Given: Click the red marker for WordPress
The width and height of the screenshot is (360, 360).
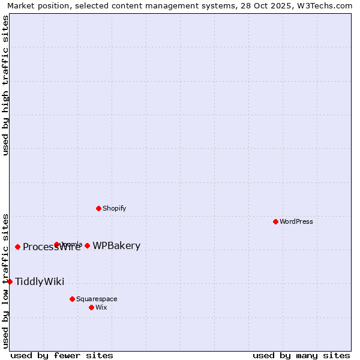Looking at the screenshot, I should (x=275, y=221).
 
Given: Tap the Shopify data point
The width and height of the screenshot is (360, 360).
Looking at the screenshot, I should (x=98, y=208).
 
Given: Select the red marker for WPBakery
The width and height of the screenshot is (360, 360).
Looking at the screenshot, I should (x=87, y=245).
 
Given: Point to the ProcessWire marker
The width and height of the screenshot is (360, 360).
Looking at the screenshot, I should (x=17, y=247).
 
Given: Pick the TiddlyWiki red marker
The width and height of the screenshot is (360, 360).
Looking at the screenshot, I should (x=10, y=281).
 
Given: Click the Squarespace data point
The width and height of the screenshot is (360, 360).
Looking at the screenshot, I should (x=72, y=299).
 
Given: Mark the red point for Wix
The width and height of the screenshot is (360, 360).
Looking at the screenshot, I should (x=91, y=307).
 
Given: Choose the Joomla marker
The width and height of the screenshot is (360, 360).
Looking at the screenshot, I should (x=56, y=244).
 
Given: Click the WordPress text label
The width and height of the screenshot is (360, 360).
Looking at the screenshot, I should (x=296, y=221).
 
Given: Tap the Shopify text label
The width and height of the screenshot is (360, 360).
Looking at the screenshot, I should (x=114, y=208).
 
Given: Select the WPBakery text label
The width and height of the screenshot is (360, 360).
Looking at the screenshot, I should (x=116, y=245).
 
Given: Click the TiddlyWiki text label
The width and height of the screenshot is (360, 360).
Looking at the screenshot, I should (x=40, y=281).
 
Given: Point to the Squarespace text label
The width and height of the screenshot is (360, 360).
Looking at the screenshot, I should (x=97, y=299).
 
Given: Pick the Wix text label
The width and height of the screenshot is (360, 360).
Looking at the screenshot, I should (x=101, y=307).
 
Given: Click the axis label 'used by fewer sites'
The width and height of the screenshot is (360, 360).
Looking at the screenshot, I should (x=62, y=355).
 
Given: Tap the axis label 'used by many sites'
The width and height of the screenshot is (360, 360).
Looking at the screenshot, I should (x=301, y=355).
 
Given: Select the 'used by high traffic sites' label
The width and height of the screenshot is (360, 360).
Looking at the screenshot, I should (x=5, y=85).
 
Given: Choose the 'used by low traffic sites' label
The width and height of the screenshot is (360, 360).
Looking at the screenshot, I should (x=5, y=280).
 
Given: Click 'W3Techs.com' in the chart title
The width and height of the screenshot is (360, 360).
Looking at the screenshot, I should (x=326, y=5).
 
